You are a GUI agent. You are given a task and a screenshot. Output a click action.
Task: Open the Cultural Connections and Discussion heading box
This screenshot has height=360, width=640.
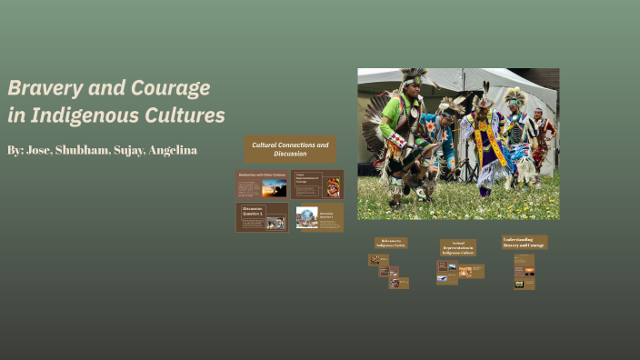click(x=290, y=149)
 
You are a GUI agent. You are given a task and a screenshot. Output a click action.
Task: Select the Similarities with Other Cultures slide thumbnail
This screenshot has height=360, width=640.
click(x=262, y=184)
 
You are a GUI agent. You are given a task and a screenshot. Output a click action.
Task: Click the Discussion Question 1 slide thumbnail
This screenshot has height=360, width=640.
click(x=262, y=217)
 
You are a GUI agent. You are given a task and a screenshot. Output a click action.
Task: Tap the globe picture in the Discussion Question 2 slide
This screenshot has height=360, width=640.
click(x=306, y=216)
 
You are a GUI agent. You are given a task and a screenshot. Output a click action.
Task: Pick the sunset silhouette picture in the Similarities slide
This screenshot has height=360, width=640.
click(x=274, y=188)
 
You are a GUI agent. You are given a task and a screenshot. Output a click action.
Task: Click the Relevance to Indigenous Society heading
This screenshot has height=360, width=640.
click(x=391, y=244)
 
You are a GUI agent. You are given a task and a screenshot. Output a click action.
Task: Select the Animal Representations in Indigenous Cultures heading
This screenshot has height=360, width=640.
click(x=457, y=247)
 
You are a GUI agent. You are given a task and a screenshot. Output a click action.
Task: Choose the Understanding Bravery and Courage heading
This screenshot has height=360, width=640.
click(x=525, y=242)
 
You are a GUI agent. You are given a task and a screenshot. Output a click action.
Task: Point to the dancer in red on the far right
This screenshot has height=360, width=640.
click(x=542, y=136)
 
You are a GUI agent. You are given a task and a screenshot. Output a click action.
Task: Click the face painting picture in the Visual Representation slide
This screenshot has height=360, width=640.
click(x=334, y=188)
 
